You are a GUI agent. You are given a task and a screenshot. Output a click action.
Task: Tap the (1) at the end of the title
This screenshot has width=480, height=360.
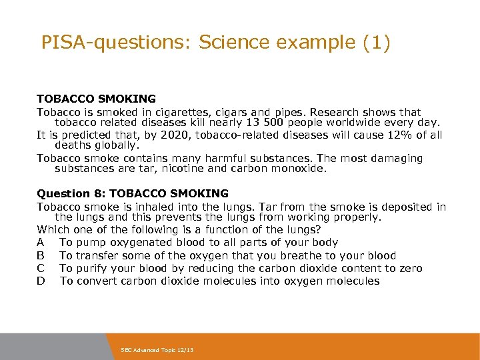tap(377, 43)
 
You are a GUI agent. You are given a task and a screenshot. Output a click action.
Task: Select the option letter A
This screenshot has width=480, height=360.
tap(41, 243)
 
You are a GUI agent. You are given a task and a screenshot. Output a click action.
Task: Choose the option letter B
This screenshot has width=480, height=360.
tap(41, 255)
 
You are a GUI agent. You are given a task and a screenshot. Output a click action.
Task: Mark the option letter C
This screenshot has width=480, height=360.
tap(41, 268)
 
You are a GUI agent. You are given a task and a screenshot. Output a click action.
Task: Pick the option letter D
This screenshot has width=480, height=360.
tap(41, 281)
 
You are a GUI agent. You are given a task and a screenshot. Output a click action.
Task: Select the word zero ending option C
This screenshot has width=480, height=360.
tap(409, 268)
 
